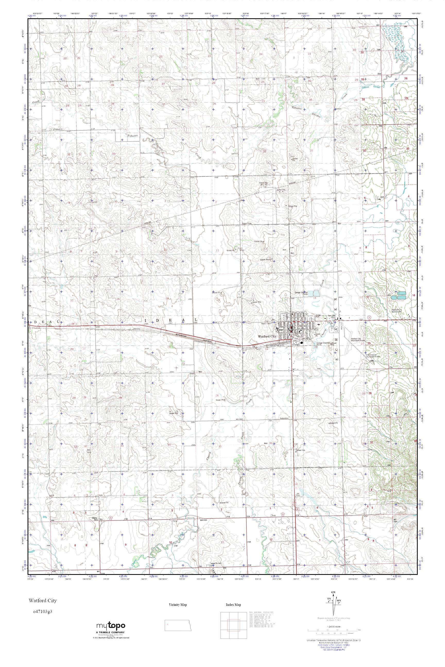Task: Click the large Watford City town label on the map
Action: tap(267, 336)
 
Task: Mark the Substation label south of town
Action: tap(284, 418)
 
